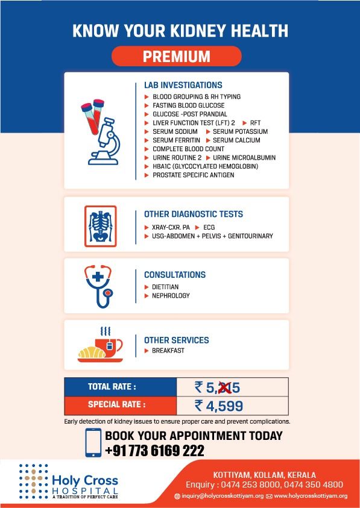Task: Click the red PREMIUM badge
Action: (176, 57)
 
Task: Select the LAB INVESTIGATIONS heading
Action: (183, 86)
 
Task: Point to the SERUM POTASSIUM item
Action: (240, 131)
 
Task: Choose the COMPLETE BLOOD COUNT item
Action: (188, 149)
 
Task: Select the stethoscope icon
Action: (99, 286)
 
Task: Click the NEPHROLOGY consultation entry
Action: (171, 296)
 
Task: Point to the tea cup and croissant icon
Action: (101, 346)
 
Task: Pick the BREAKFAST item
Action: (168, 351)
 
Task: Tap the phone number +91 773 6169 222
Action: (154, 451)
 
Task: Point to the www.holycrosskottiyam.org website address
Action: (310, 496)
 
